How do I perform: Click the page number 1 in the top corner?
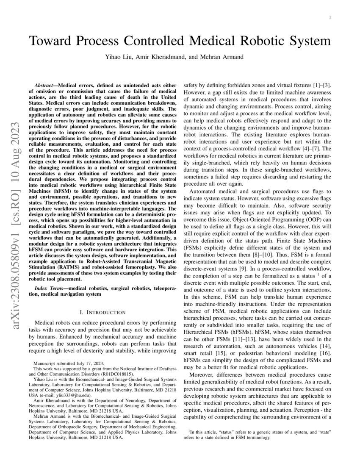330,17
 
